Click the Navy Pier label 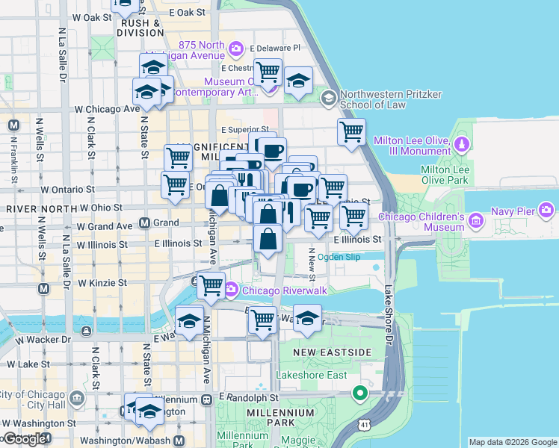[x=513, y=211]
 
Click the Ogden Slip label [x=339, y=257]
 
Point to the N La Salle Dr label [x=66, y=246]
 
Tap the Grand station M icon [x=145, y=223]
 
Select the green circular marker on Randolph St [x=360, y=392]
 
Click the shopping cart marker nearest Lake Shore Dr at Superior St [x=351, y=132]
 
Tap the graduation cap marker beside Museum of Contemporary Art [x=298, y=81]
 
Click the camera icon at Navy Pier [x=547, y=211]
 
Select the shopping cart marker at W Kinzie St [x=211, y=284]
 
